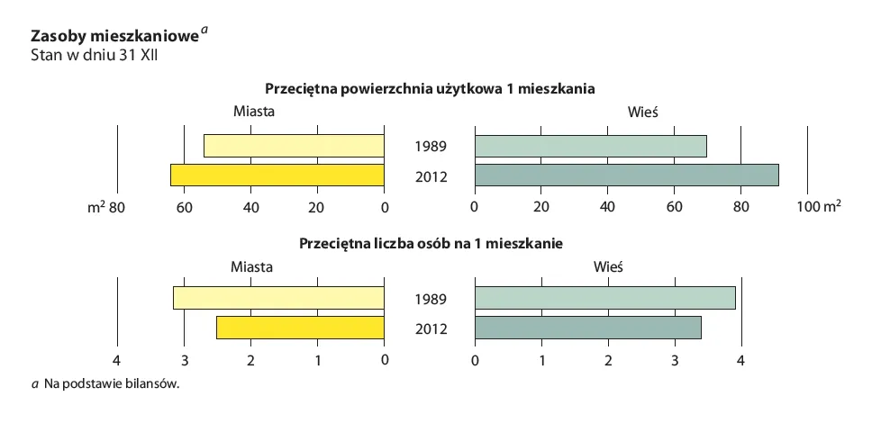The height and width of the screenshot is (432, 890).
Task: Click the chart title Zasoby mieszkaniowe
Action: pos(114,37)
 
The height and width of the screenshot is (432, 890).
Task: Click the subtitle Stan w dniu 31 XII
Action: pos(95,56)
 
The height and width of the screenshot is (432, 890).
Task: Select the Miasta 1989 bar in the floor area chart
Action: pos(294,146)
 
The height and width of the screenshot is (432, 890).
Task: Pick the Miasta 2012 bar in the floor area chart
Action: pos(277,175)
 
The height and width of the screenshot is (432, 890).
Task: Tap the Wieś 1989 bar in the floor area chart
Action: pos(590,146)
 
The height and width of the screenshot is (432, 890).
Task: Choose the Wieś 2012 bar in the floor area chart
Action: pos(626,175)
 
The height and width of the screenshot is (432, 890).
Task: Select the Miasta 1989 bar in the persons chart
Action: pos(278,298)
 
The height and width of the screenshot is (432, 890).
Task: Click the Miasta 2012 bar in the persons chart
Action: pos(300,328)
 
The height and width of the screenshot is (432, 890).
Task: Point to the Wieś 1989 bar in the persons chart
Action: pos(604,298)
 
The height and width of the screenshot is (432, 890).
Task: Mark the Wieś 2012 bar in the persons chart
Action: pos(587,328)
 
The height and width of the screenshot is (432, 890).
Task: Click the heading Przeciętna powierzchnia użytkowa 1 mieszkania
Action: pos(430,89)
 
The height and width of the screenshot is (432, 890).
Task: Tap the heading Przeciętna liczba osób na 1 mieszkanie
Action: pos(431,243)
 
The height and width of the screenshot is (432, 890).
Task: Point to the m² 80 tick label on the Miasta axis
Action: pos(105,208)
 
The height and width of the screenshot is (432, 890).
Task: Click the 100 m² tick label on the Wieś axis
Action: pos(819,208)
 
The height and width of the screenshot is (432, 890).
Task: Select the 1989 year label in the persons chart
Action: pos(431,299)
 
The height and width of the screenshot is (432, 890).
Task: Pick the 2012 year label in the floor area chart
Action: pos(431,176)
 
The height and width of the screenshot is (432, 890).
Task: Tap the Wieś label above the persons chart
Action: pos(609,266)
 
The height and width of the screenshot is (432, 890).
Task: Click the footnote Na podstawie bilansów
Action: pos(106,384)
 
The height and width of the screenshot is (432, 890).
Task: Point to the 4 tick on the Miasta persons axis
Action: pos(117,361)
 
